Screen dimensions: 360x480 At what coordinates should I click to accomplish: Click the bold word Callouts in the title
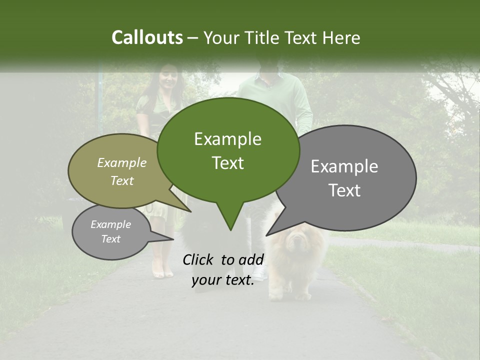point(147,37)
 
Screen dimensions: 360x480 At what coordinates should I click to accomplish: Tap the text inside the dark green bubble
point(227,151)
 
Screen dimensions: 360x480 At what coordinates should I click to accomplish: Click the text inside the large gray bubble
point(344,178)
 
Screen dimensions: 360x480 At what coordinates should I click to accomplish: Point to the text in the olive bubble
point(122,171)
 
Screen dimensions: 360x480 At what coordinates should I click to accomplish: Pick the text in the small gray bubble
point(111,231)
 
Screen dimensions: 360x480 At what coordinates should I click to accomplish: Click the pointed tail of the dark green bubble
point(230,227)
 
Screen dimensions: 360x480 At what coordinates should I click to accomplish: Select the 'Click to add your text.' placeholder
point(223,269)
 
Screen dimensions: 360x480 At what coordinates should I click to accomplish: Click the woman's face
point(167,80)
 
